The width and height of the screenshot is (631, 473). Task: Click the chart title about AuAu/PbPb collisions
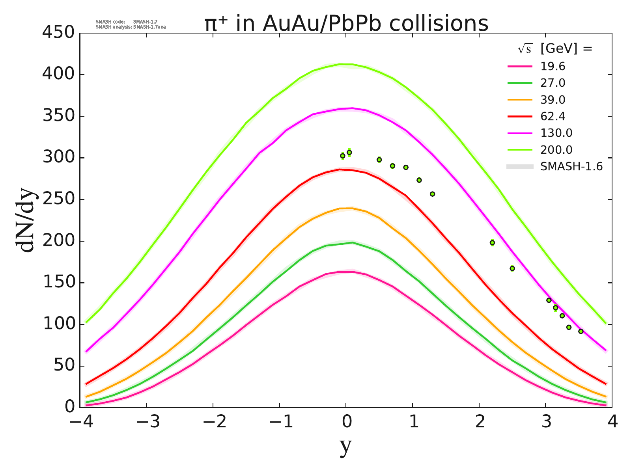pyautogui.click(x=346, y=24)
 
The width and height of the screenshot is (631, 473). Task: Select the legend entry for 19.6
pyautogui.click(x=553, y=66)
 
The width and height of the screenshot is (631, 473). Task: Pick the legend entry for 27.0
pyautogui.click(x=553, y=83)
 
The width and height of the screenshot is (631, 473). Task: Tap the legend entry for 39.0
pyautogui.click(x=553, y=100)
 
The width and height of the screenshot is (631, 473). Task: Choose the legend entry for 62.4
pyautogui.click(x=553, y=117)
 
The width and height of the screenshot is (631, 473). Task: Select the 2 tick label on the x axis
pyautogui.click(x=479, y=423)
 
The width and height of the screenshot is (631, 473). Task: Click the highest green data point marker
pyautogui.click(x=349, y=153)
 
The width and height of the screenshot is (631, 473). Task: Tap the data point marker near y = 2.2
pyautogui.click(x=492, y=243)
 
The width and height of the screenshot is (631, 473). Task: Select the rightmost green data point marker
pyautogui.click(x=581, y=331)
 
